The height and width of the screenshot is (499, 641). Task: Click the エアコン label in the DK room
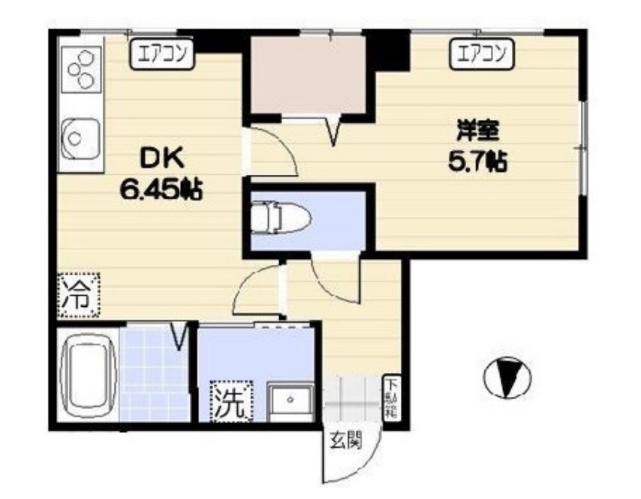coord(161,53)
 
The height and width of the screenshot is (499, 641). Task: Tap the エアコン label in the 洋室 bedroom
coord(481,53)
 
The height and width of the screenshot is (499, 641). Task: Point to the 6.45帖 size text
coord(161,191)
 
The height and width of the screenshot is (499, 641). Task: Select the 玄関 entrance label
coord(346,440)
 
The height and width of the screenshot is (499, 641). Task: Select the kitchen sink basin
coord(78,137)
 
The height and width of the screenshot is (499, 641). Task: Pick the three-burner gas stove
coord(81,71)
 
